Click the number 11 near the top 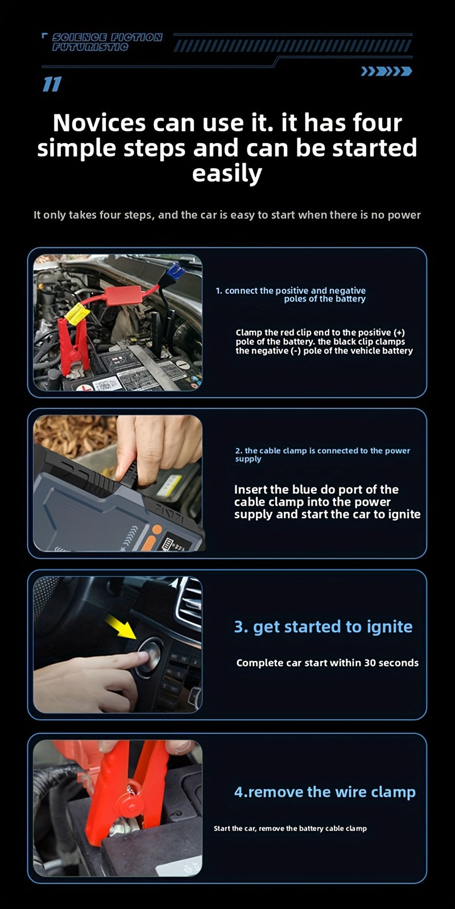(x=51, y=85)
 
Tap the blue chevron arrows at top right (x=386, y=72)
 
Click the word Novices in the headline (x=99, y=123)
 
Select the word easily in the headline (x=227, y=173)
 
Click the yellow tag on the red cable (x=76, y=312)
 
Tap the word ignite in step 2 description (x=404, y=514)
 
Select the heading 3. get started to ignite (x=323, y=627)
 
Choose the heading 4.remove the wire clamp (x=325, y=792)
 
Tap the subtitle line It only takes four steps (x=227, y=215)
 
